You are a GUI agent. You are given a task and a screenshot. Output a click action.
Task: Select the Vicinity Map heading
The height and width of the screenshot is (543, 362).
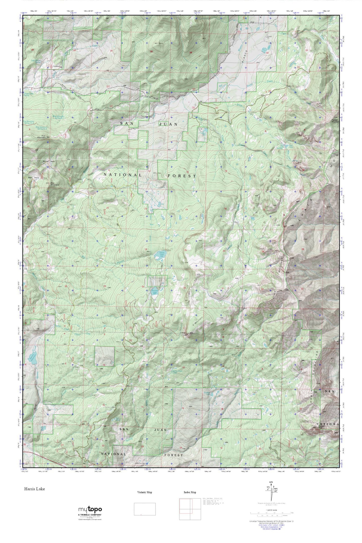coord(145,492)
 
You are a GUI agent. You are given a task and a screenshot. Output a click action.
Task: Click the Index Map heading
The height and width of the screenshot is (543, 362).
coord(190,492)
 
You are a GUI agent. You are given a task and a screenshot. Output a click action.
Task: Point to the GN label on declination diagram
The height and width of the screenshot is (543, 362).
coord(271,482)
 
